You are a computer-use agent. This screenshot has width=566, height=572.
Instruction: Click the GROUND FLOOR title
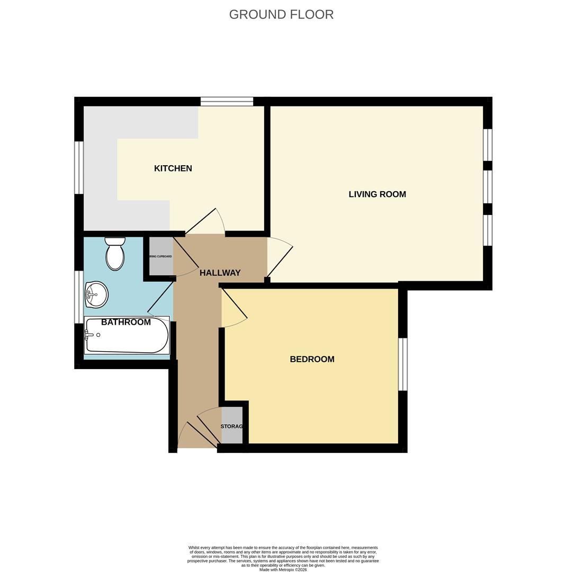(x=281, y=14)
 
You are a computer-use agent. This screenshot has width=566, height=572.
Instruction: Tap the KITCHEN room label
(x=173, y=168)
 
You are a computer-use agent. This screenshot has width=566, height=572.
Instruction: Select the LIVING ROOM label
(x=377, y=194)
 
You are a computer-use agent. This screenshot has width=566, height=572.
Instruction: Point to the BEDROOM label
(x=312, y=359)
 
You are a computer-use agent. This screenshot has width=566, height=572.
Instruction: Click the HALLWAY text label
(x=220, y=273)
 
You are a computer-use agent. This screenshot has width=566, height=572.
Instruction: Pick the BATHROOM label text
(x=126, y=322)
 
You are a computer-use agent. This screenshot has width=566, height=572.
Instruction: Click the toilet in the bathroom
(x=115, y=254)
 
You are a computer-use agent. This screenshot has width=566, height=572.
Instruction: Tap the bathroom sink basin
(x=96, y=294)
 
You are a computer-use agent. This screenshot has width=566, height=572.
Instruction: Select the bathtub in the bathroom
(x=127, y=336)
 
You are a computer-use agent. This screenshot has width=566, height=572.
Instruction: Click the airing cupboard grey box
(x=161, y=256)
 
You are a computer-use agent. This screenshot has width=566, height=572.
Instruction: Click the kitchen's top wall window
(x=227, y=101)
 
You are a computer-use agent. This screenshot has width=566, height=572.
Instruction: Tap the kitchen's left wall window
(x=79, y=167)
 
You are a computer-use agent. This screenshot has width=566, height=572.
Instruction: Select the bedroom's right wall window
(x=403, y=364)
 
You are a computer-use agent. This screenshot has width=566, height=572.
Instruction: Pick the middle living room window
(x=488, y=186)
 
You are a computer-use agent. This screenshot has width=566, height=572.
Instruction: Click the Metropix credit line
(x=283, y=570)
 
